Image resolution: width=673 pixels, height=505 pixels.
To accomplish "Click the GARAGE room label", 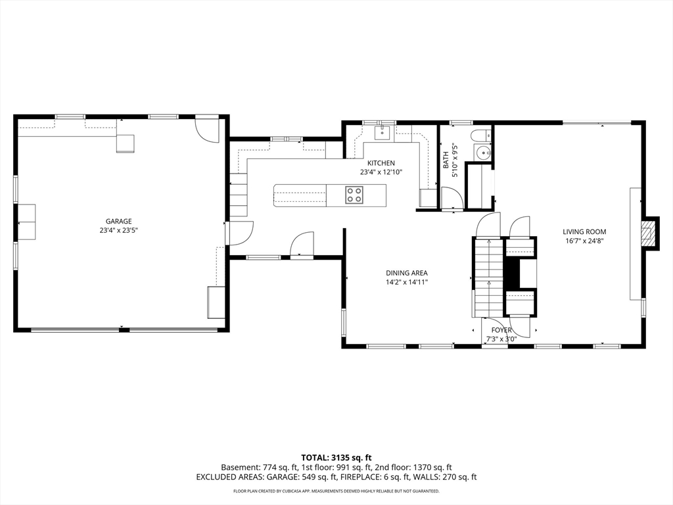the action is pyautogui.click(x=118, y=221).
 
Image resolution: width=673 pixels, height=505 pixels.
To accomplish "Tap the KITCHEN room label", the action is pyautogui.click(x=381, y=163).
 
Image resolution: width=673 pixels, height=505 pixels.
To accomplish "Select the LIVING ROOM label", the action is pyautogui.click(x=584, y=232).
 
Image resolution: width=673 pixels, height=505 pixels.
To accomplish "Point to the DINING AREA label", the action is pyautogui.click(x=406, y=273).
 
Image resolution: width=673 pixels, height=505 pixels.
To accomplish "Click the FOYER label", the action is pyautogui.click(x=501, y=330).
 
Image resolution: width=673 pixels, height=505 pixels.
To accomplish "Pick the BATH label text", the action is pyautogui.click(x=446, y=160).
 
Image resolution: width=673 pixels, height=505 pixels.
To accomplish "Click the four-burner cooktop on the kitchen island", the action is pyautogui.click(x=354, y=195).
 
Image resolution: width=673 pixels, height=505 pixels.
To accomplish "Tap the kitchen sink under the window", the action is pyautogui.click(x=382, y=133).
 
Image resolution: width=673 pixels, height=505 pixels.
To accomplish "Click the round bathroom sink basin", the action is pyautogui.click(x=483, y=152).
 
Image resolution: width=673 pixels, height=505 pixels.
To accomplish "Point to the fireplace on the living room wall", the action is pyautogui.click(x=649, y=232).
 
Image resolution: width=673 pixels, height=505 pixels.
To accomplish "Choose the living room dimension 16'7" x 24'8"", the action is pyautogui.click(x=584, y=241).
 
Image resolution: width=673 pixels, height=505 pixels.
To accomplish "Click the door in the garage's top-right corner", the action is pyautogui.click(x=208, y=130).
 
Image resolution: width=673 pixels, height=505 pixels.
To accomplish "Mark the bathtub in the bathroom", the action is pyautogui.click(x=479, y=185).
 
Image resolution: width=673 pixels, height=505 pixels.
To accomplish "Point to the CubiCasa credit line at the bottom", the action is pyautogui.click(x=336, y=491).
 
